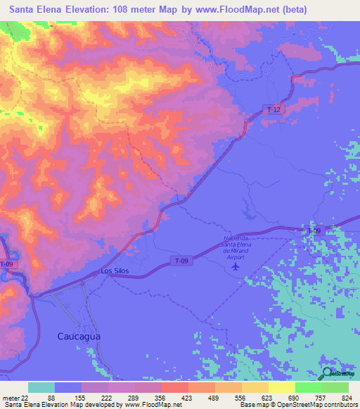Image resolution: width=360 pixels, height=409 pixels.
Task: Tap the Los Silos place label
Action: point(115,271)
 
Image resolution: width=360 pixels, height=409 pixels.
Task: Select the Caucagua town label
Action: point(78,337)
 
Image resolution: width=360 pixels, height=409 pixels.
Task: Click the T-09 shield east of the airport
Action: point(314,231)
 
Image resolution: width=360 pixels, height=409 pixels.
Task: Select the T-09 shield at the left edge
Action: point(6,264)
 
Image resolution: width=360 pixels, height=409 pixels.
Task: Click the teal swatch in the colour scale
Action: point(41,387)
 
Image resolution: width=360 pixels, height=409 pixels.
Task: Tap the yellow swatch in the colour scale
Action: point(281,387)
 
